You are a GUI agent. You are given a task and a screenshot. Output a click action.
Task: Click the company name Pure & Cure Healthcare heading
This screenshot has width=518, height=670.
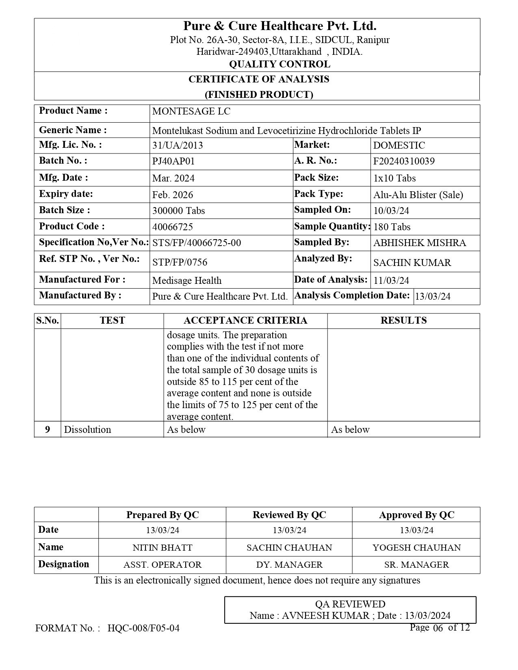pos(280,26)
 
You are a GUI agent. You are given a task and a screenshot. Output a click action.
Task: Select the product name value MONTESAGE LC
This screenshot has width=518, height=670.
pos(191,112)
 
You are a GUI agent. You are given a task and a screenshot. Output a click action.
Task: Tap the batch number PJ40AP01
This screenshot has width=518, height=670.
pos(173,161)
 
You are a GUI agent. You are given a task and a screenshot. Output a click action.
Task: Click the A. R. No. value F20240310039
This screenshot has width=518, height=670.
pos(404,161)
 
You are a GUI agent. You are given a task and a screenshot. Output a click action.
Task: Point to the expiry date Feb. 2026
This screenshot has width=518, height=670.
pos(173,195)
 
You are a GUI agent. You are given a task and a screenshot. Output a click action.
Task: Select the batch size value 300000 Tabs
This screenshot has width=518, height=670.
pos(178,211)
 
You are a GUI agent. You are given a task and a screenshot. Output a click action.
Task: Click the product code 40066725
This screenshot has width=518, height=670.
pos(173,227)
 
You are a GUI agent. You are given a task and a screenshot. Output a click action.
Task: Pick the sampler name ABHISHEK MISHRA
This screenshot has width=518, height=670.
pos(420,243)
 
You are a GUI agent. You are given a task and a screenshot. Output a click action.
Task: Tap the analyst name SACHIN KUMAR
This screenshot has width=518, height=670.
pos(412,262)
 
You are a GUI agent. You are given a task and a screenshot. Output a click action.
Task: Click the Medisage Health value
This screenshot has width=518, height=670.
pos(187,281)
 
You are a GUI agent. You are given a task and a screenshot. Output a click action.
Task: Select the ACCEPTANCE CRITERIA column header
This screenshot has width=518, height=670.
pos(245,320)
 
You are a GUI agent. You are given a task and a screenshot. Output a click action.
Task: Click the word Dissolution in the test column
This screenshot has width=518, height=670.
pos(87,430)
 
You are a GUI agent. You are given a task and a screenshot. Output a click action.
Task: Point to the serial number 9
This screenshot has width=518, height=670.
pos(48,430)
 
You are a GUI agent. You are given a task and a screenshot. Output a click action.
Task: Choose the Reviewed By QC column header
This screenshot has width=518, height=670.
pos(289,515)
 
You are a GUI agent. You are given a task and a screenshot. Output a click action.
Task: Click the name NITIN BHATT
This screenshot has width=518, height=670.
pos(163,547)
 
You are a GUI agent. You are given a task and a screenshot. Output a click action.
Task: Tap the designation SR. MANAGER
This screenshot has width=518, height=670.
pos(416,565)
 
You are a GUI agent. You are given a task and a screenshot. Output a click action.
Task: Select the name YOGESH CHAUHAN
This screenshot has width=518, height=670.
pos(416,547)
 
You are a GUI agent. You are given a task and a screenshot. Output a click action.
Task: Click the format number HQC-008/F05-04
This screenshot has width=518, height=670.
pos(143,628)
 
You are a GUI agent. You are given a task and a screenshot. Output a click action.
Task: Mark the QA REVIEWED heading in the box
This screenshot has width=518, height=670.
pos(350,604)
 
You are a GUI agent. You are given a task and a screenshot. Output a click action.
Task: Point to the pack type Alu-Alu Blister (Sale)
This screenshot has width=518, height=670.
pos(418,195)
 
